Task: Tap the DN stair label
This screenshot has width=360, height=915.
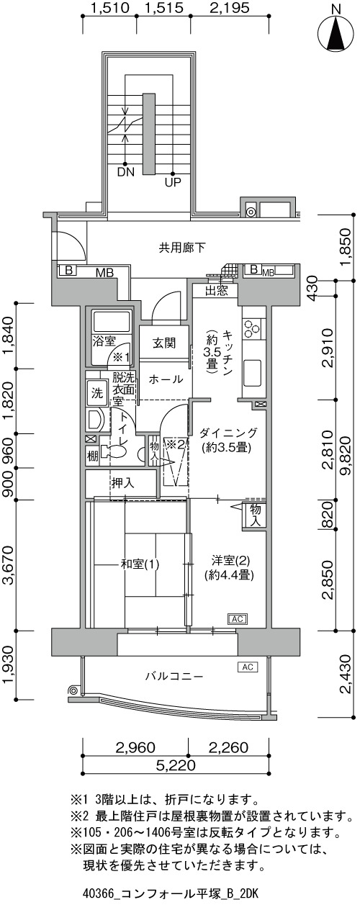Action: point(125,172)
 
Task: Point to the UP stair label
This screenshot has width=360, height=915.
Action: point(173,183)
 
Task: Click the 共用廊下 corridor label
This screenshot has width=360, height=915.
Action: point(182,248)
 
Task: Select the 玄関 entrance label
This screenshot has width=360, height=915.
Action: point(164,343)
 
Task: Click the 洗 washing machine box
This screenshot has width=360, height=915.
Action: point(97,393)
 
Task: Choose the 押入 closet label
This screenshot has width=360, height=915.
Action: point(123,483)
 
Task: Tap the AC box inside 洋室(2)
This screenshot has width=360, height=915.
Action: point(238,619)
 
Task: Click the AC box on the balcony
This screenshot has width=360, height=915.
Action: point(248,667)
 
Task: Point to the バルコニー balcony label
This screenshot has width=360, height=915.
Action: point(174,677)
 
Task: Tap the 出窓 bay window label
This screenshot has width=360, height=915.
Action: point(217,292)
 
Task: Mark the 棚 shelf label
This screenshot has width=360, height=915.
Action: point(92,456)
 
